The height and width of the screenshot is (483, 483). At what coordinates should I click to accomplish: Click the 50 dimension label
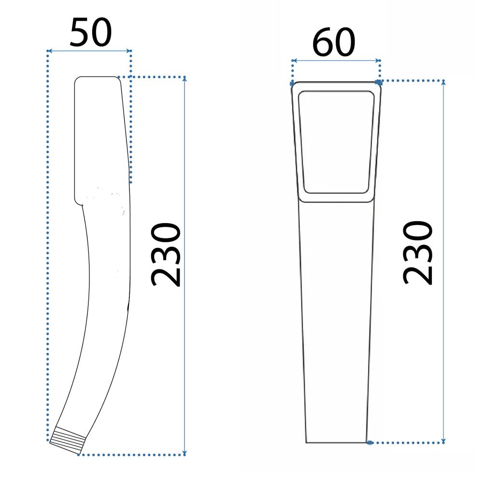91,32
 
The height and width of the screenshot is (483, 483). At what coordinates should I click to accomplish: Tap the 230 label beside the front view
418,252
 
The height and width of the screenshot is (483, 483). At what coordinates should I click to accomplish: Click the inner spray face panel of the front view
336,142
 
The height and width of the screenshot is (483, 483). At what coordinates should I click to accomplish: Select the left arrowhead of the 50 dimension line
50,51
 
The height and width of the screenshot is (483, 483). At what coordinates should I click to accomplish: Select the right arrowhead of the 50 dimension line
129,51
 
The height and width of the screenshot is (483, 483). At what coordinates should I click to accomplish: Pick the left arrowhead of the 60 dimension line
294,61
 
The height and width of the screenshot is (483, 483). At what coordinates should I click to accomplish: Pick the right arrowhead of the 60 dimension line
379,61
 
